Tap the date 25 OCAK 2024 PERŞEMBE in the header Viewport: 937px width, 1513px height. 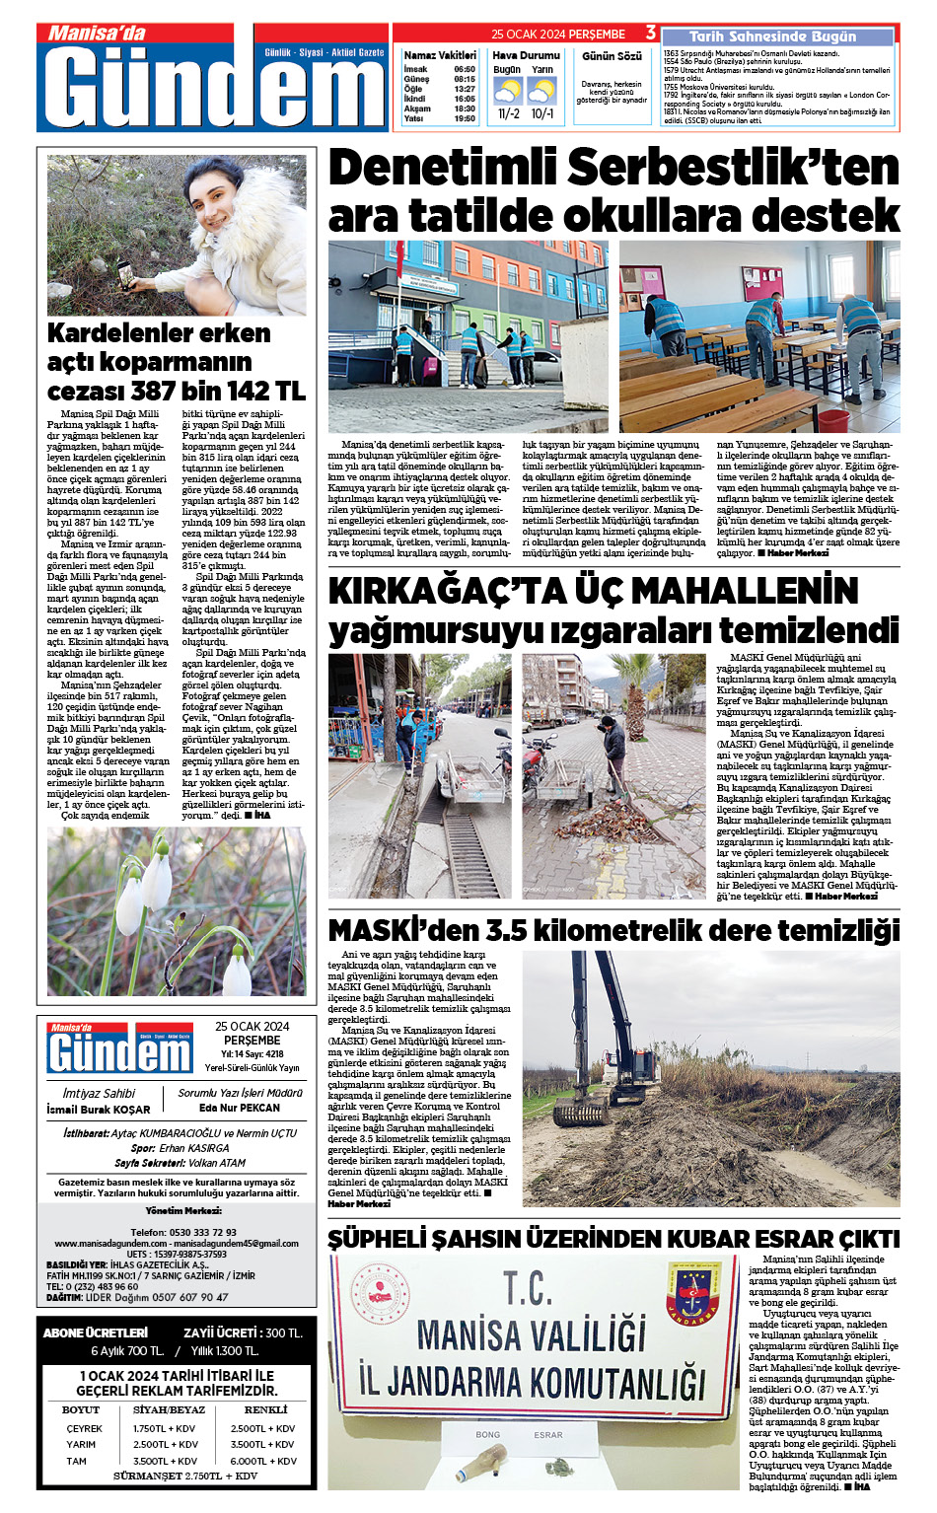click(558, 35)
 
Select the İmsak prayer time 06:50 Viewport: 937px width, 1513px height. click(465, 69)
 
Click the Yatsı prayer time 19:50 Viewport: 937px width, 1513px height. click(465, 118)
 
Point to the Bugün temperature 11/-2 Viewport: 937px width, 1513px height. click(508, 113)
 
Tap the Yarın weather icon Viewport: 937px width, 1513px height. click(541, 92)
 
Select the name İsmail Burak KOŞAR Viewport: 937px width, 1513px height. click(99, 1110)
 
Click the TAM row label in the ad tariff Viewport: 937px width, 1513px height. click(77, 1461)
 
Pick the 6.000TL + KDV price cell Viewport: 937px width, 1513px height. click(263, 1461)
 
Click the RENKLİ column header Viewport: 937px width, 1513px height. click(265, 1410)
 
